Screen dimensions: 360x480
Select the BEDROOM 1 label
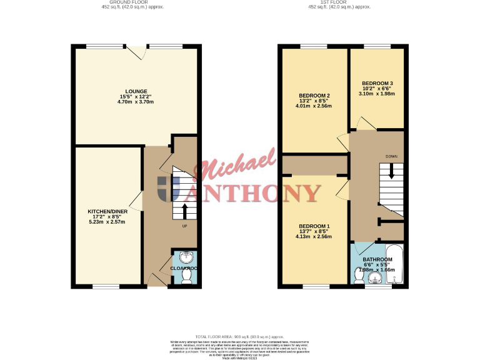coord(314,226)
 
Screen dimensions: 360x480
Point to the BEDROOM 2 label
coord(314,95)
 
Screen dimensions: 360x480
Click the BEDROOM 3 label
coord(377,83)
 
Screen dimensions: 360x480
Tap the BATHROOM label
coord(377,259)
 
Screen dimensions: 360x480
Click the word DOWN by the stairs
coord(391,156)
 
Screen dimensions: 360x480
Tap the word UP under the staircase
coord(184,226)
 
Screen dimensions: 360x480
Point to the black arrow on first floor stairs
coord(391,170)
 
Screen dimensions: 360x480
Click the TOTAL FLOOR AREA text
coord(239,336)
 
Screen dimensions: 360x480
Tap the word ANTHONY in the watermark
coord(259,192)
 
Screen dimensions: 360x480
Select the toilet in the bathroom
coord(359,279)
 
